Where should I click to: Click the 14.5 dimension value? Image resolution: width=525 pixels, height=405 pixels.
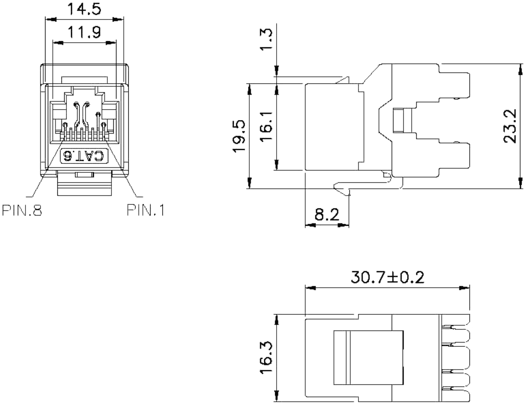[x=84, y=9]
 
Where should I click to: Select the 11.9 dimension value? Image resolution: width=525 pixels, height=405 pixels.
[x=84, y=32]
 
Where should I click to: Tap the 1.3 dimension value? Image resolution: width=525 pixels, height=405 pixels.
[x=267, y=39]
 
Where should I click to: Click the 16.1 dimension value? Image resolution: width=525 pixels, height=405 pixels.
[x=267, y=127]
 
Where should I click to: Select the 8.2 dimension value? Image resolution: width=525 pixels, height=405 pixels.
[x=327, y=214]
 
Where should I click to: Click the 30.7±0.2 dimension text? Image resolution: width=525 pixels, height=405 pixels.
[x=388, y=278]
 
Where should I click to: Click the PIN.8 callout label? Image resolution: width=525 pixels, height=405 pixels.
[x=22, y=210]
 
